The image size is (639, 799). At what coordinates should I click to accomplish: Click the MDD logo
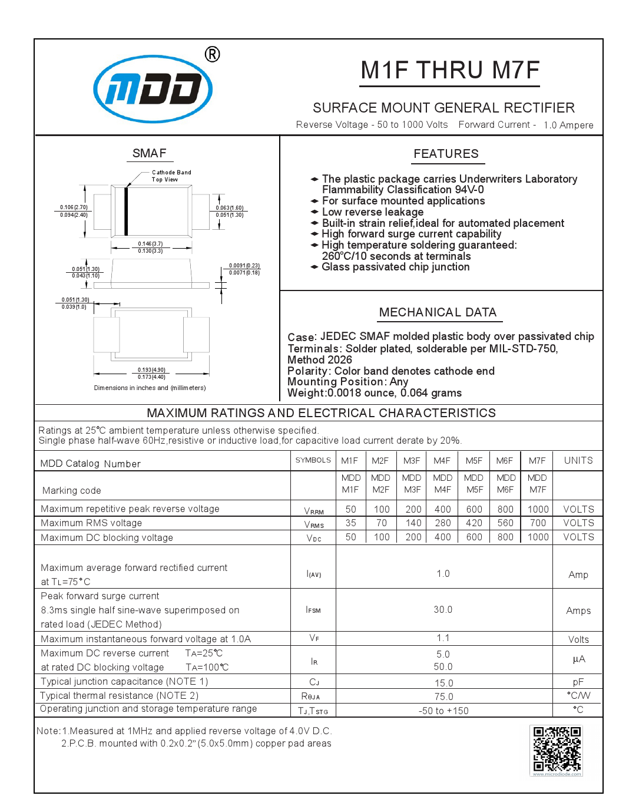153,89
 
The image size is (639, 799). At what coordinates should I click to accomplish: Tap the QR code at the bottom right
557,749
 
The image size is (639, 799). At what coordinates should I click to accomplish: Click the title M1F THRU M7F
450,70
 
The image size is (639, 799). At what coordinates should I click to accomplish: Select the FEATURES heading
446,154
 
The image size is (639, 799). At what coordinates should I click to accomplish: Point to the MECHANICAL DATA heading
438,312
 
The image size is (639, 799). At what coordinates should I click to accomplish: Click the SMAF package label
150,153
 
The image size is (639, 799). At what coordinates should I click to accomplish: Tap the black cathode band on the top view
126,212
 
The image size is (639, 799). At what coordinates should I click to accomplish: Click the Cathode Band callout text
171,173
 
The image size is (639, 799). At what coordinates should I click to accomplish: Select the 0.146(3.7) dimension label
150,244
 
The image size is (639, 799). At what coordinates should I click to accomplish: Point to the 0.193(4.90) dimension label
151,370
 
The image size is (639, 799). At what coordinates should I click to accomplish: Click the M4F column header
442,461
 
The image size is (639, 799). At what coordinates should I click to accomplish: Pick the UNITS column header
578,460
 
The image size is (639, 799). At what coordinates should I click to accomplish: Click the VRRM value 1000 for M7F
538,509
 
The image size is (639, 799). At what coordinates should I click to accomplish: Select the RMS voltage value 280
442,523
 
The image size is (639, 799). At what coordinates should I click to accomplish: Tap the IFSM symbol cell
313,610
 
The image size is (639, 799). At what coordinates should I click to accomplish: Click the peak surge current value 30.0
443,610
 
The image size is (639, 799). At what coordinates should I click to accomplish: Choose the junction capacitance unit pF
578,682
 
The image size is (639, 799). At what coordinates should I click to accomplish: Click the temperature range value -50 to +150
443,711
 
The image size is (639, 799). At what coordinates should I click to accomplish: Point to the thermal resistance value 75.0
443,696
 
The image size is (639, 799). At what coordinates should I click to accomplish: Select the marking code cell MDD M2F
380,484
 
